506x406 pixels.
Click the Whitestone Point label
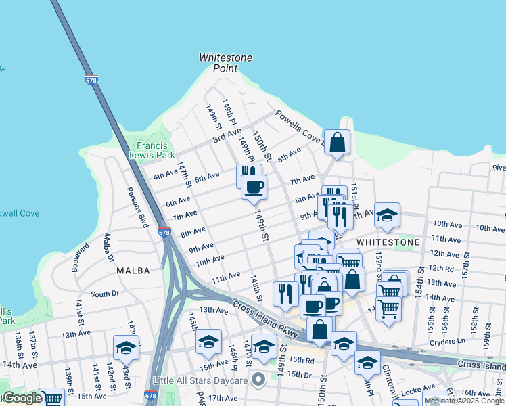(x=225, y=63)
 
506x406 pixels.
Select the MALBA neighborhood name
(x=133, y=270)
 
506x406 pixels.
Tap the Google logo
(x=22, y=399)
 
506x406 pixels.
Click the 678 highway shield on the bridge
(x=91, y=80)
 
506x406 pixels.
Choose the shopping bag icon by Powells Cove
(x=337, y=142)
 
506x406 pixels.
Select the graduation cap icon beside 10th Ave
(x=387, y=215)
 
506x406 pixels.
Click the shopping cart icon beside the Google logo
(x=51, y=398)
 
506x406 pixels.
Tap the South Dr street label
(x=105, y=294)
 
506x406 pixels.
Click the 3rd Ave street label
(x=227, y=139)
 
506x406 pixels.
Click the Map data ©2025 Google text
(x=464, y=401)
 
